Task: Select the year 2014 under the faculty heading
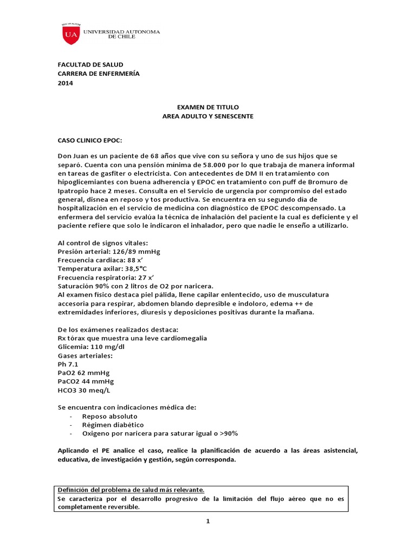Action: (x=65, y=83)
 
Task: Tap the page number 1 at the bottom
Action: (x=207, y=521)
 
